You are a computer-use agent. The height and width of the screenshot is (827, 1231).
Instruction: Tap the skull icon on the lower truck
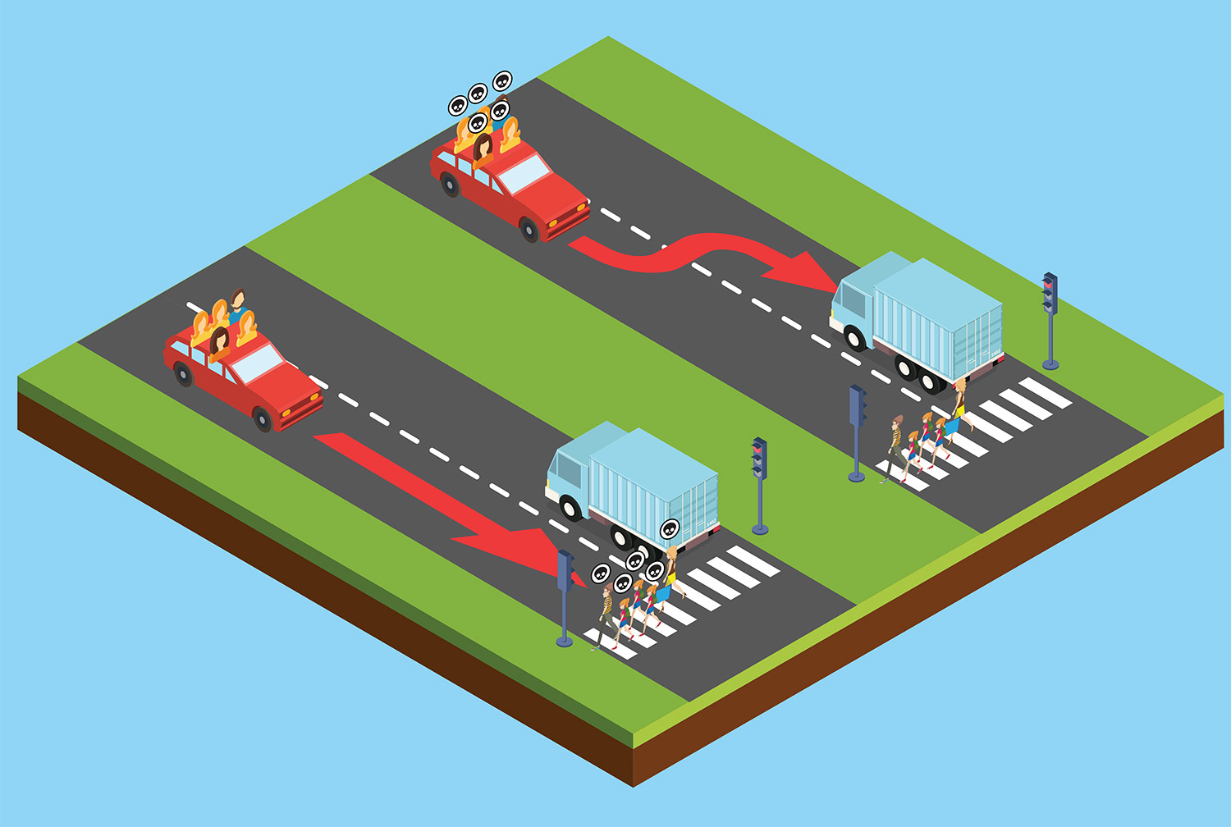670,529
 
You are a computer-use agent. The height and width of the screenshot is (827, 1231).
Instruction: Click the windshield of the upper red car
523,173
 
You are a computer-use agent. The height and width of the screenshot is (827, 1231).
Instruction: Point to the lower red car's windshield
257,362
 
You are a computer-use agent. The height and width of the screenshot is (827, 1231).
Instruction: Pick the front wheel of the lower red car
262,419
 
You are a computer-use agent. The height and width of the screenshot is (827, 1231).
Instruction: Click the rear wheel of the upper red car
450,185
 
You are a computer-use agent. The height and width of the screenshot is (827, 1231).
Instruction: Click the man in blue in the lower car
237,305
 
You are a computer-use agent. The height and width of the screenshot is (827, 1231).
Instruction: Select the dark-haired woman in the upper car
483,148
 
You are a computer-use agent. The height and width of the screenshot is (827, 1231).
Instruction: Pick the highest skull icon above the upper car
502,80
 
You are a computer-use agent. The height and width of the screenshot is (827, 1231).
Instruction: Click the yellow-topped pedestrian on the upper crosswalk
958,404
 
